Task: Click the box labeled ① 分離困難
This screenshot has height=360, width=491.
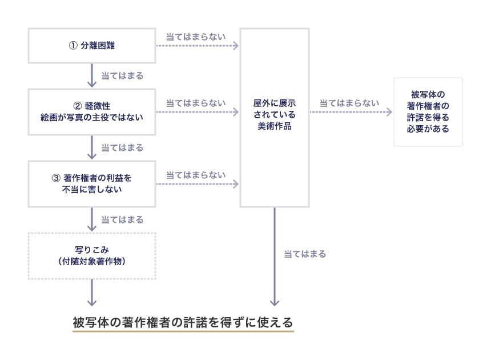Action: tap(92, 46)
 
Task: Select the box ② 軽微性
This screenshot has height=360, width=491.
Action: tap(92, 111)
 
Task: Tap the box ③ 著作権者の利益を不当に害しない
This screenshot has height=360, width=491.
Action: tap(92, 183)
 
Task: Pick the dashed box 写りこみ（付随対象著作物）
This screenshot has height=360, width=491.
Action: tap(92, 255)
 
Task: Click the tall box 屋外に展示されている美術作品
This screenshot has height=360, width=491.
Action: tap(275, 117)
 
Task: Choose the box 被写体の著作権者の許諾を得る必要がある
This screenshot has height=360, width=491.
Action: tap(428, 111)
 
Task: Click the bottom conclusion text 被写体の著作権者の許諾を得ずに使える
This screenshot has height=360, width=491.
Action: tap(183, 322)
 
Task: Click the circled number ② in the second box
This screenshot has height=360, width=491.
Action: tap(78, 106)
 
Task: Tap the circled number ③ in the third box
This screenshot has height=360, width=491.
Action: tap(55, 178)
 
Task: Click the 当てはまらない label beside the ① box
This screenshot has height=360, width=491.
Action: tap(195, 37)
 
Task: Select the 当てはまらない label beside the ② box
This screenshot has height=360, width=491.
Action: tap(195, 103)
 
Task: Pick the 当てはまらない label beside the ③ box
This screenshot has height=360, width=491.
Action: tap(195, 175)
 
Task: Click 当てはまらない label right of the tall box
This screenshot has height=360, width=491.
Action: tap(349, 103)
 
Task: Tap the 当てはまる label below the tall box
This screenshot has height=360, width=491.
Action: tap(305, 254)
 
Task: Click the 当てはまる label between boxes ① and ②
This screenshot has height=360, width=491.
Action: tap(122, 75)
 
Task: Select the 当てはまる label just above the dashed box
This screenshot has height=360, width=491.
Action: tap(122, 219)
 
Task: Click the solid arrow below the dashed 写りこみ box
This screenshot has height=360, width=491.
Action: tap(92, 294)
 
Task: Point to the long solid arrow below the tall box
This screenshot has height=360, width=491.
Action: tap(275, 257)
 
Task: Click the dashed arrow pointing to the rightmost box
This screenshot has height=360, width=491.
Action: tap(351, 112)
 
